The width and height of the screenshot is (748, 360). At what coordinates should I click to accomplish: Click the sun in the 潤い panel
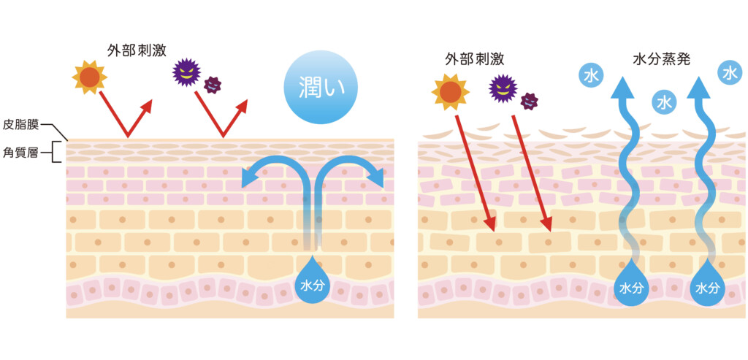click(90, 77)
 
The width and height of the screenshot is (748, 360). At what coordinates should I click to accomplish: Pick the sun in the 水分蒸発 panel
click(451, 91)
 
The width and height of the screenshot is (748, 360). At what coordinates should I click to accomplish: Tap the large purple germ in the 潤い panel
click(186, 72)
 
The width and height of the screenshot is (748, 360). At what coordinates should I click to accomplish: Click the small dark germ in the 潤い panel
click(213, 85)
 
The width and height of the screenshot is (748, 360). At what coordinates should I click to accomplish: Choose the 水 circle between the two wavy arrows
click(664, 103)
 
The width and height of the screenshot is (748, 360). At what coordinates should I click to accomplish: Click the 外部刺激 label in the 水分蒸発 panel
click(474, 58)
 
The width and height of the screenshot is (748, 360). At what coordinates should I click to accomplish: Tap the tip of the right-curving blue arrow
click(378, 179)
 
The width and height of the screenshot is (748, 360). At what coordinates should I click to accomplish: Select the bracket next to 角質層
click(58, 152)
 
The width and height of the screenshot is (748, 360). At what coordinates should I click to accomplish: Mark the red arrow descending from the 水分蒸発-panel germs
click(531, 168)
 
